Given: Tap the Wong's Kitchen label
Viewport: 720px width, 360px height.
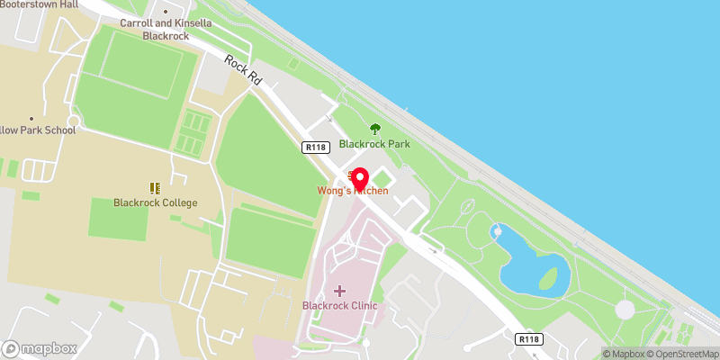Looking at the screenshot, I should (x=353, y=191).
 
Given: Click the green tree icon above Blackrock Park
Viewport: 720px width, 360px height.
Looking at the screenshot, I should (x=375, y=130).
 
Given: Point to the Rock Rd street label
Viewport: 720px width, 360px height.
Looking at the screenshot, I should (x=243, y=70).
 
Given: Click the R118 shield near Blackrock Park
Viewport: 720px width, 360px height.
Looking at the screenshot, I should (x=315, y=148).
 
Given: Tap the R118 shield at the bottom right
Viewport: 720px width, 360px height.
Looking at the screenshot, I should (x=528, y=339).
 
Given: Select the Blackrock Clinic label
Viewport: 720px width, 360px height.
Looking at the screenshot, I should (x=339, y=306).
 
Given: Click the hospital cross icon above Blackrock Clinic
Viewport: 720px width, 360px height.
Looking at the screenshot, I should (x=339, y=291).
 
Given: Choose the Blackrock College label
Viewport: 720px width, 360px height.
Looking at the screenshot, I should (x=155, y=202).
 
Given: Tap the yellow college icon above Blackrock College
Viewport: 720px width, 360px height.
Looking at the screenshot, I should (x=155, y=187).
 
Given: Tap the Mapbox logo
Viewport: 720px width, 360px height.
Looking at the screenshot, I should (x=40, y=348).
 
